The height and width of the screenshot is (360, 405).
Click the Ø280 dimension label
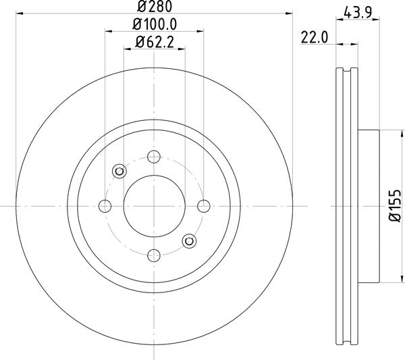[x=155, y=7]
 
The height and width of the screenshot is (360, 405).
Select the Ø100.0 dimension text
[x=155, y=24]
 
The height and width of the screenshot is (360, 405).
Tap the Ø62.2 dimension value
[x=155, y=42]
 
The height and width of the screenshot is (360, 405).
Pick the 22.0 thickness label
[x=315, y=38]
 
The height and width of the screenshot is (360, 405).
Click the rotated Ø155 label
[x=397, y=206]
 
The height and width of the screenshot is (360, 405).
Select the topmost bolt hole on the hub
[x=154, y=157]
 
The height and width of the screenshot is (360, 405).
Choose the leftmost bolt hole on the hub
[x=105, y=205]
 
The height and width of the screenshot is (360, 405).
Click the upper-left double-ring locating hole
[x=119, y=171]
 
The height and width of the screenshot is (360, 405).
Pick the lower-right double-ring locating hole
[x=189, y=240]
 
